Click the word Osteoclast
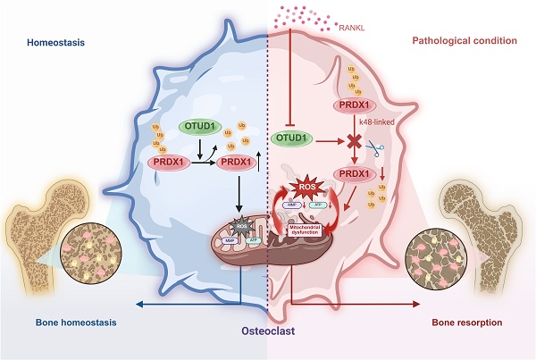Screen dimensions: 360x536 (268, 331)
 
